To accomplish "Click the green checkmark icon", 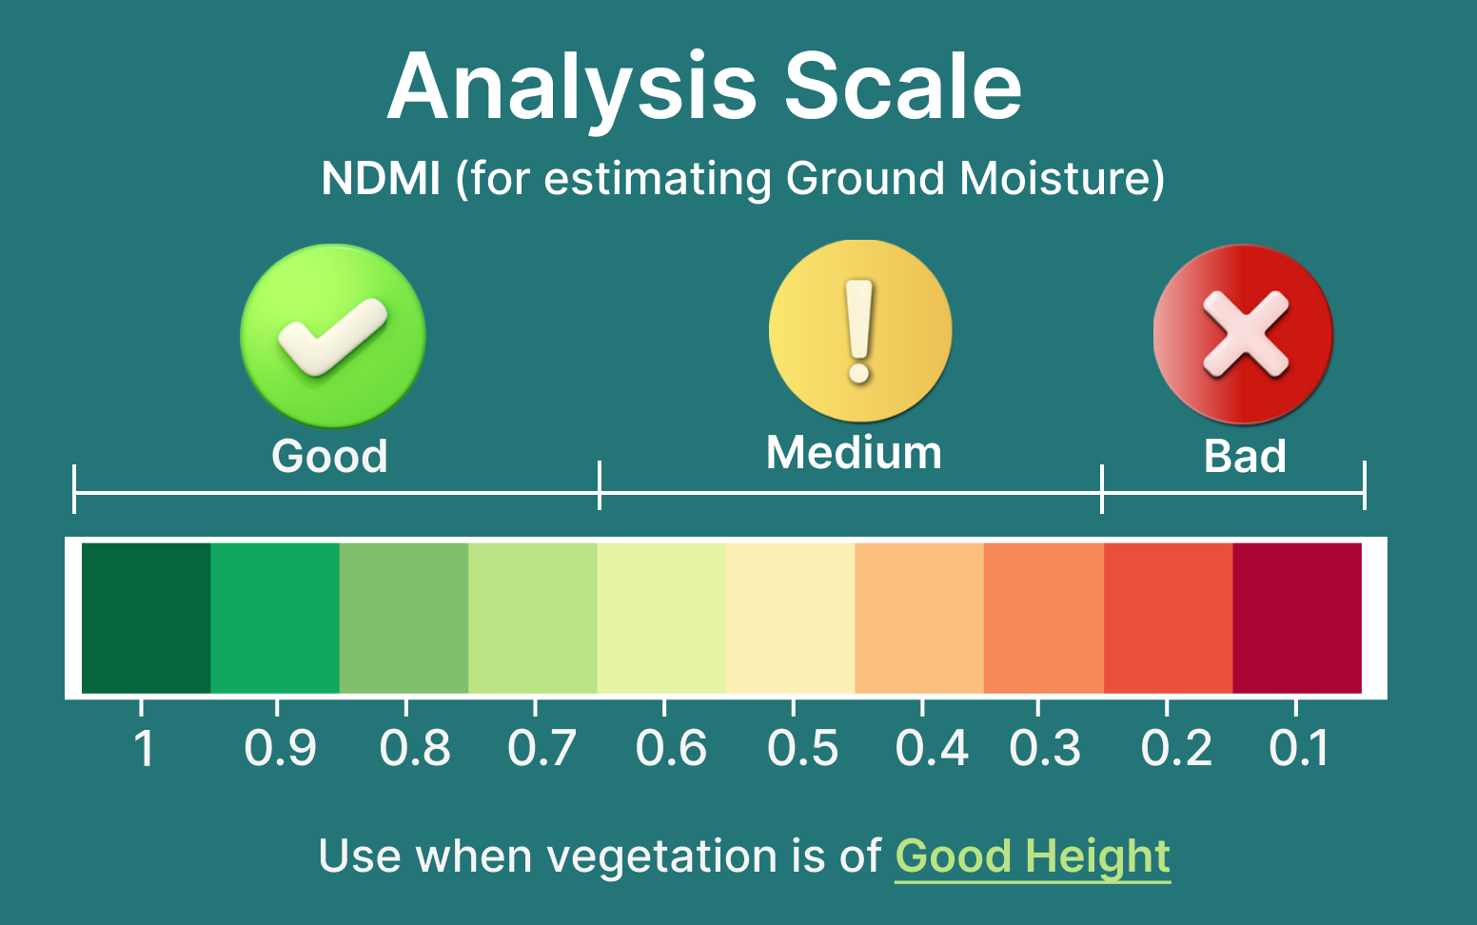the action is [x=333, y=336].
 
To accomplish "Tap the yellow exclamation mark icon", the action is [x=860, y=330].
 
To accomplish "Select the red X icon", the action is [x=1244, y=334].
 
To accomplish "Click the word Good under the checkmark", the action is [x=329, y=456].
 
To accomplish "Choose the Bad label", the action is [x=1245, y=456].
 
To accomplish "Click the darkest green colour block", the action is [x=146, y=619].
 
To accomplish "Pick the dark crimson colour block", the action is [x=1297, y=619].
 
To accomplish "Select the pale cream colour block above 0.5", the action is [x=791, y=619].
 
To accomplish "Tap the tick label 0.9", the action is [x=280, y=748].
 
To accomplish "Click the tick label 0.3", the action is [x=1045, y=748].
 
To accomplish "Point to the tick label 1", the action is [x=144, y=748].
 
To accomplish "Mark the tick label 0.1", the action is [x=1298, y=748].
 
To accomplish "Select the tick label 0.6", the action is [x=671, y=748].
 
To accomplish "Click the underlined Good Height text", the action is [x=1033, y=857].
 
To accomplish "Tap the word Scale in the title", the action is [x=903, y=87].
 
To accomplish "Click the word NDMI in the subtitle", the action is [x=381, y=178].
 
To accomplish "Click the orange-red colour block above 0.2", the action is [x=1169, y=619].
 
